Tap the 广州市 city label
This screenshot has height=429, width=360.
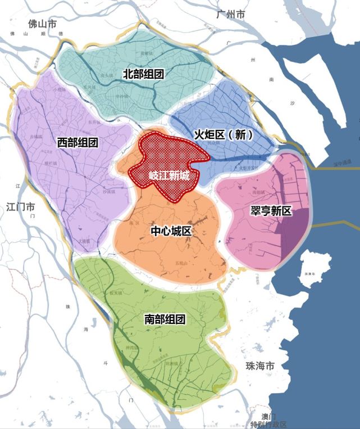click(x=231, y=15)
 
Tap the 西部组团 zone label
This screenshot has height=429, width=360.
click(x=78, y=142)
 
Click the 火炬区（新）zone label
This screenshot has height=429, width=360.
click(x=224, y=134)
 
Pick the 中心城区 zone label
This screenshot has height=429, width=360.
click(x=171, y=232)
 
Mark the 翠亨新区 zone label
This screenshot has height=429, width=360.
click(x=271, y=211)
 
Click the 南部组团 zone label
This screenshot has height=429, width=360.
click(x=165, y=319)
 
